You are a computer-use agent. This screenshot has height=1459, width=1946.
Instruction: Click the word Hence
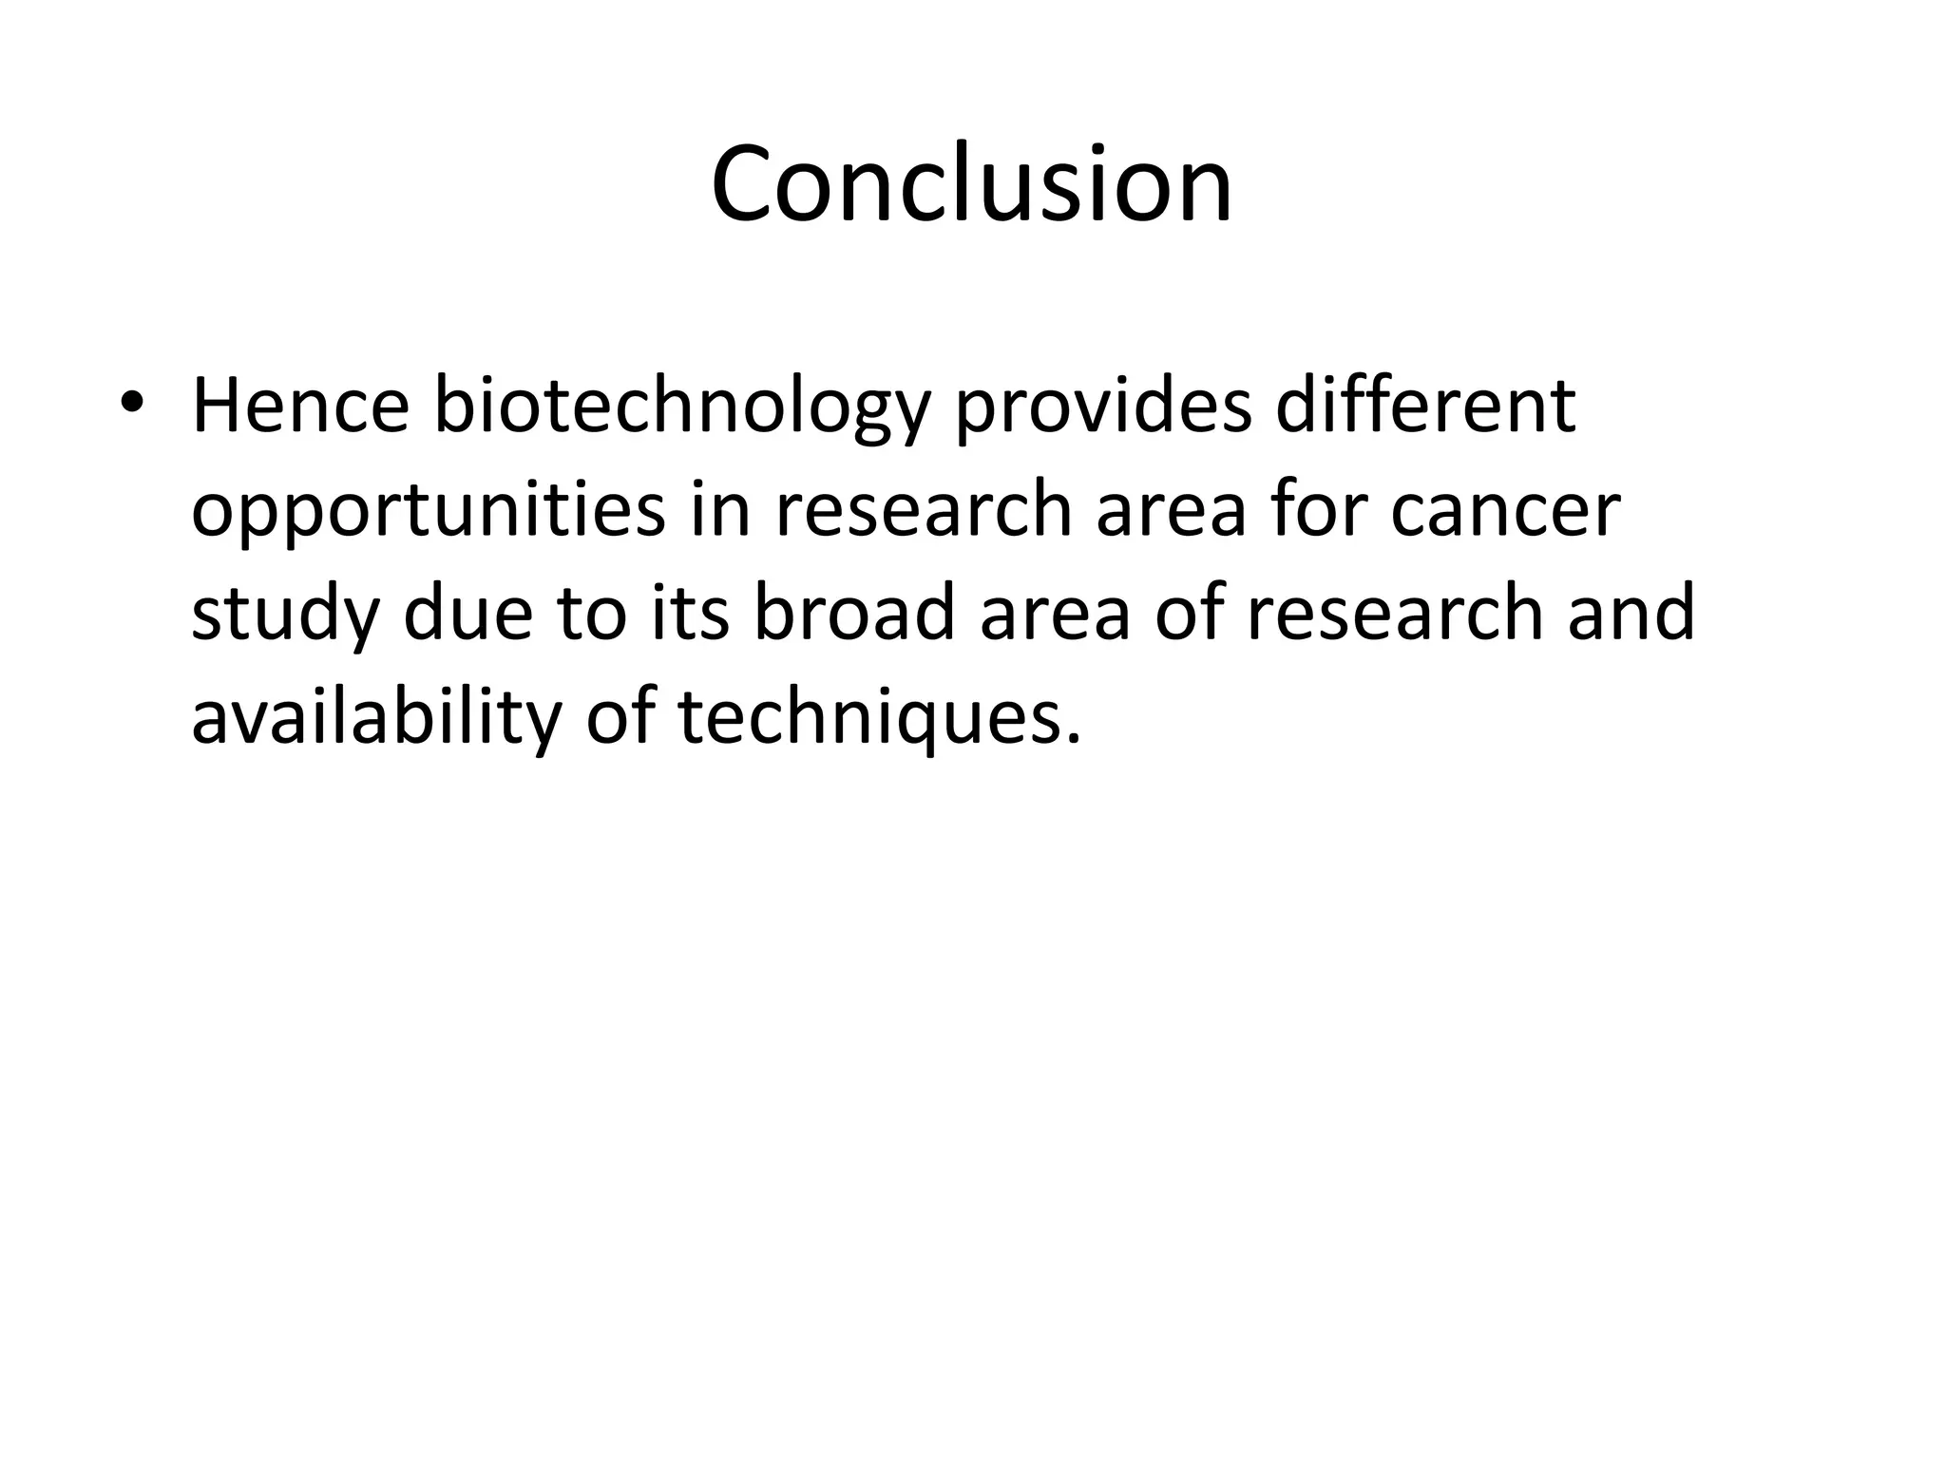(300, 406)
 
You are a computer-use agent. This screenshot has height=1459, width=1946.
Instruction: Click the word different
(1424, 406)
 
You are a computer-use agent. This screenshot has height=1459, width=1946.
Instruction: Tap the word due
(467, 614)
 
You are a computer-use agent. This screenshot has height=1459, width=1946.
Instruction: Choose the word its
(691, 614)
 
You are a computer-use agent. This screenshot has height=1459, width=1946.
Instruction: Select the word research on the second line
(924, 510)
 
